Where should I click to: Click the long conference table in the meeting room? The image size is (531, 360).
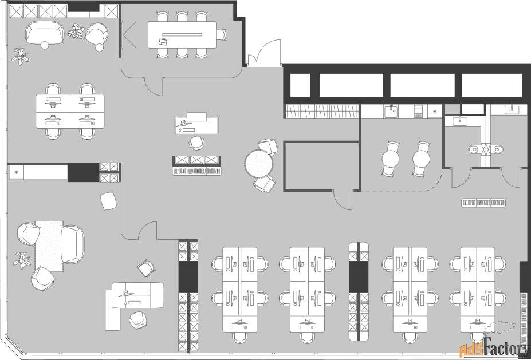[182, 35]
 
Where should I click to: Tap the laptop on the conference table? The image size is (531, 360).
[163, 42]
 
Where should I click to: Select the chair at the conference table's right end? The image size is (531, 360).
[222, 35]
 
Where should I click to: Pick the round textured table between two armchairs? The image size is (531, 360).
[259, 164]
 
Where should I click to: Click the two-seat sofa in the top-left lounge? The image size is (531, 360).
[45, 33]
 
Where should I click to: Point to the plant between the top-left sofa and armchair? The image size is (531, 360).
[77, 31]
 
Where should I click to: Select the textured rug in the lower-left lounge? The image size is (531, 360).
[49, 246]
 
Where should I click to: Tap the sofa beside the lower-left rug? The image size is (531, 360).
[72, 244]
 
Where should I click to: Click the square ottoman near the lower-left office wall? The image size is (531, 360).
[109, 201]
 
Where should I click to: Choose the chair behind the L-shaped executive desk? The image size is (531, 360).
[138, 320]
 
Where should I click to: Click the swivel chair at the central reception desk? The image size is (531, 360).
[196, 142]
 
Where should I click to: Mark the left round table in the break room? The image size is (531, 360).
[391, 159]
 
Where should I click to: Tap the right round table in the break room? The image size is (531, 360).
[421, 159]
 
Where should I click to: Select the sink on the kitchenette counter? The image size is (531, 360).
[391, 111]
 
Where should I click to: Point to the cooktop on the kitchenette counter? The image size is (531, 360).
[419, 111]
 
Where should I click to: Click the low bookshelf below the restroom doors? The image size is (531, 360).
[483, 203]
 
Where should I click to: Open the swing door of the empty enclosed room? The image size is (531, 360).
[343, 200]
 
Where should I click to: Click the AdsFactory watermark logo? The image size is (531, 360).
[495, 348]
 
